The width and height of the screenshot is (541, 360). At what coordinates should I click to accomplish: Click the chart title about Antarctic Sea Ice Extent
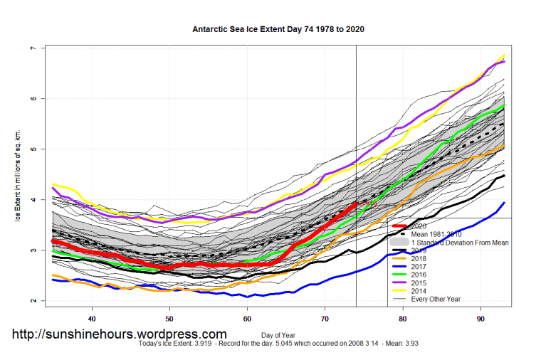tap(278, 30)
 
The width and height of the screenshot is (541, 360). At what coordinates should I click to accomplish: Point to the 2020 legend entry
tap(421, 226)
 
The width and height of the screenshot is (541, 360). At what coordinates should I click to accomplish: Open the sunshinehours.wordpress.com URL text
tap(120, 334)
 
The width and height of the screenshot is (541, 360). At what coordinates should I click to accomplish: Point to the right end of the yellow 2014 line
tap(505, 55)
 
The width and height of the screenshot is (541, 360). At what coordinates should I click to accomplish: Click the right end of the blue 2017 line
tap(505, 203)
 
